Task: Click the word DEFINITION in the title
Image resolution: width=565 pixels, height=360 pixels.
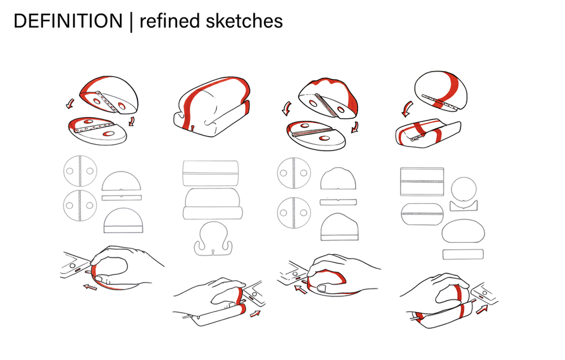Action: coord(67,21)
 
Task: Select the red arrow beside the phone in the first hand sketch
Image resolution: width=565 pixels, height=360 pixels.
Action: coord(89,286)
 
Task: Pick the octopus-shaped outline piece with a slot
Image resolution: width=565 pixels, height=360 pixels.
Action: coord(213,239)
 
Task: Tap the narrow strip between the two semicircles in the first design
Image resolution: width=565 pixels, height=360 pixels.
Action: coord(122,197)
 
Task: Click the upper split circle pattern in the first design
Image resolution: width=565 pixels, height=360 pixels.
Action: coord(80,171)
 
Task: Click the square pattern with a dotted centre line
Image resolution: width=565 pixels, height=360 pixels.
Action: coord(421,182)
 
